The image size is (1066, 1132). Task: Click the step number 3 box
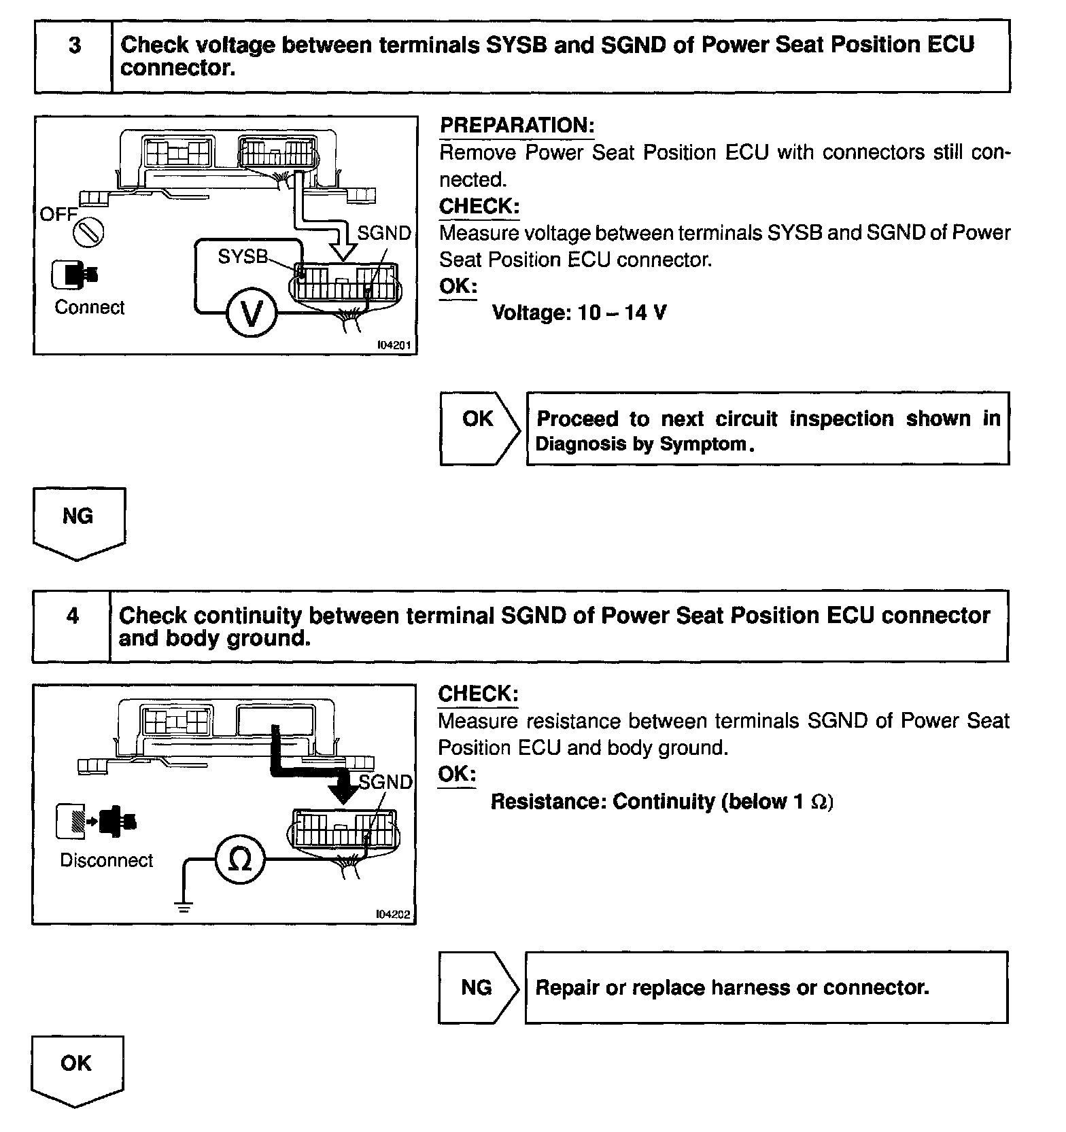pyautogui.click(x=73, y=56)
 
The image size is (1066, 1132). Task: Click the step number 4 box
pyautogui.click(x=72, y=626)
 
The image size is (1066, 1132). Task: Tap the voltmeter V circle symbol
pyautogui.click(x=252, y=313)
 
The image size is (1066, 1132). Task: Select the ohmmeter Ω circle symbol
pyautogui.click(x=240, y=860)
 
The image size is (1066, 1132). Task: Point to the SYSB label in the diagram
pyautogui.click(x=242, y=257)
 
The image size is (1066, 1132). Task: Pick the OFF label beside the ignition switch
pyautogui.click(x=58, y=215)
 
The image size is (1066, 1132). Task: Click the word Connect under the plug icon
pyautogui.click(x=90, y=308)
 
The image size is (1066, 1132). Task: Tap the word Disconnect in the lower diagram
pyautogui.click(x=106, y=860)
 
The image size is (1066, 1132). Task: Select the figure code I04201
pyautogui.click(x=394, y=345)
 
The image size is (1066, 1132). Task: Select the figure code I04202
pyautogui.click(x=393, y=915)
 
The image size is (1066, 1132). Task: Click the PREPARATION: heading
pyautogui.click(x=517, y=126)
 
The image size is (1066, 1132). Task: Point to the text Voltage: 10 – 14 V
pyautogui.click(x=579, y=313)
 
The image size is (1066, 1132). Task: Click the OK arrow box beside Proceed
pyautogui.click(x=479, y=428)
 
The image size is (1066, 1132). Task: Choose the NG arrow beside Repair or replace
pyautogui.click(x=477, y=987)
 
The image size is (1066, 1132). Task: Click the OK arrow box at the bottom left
pyautogui.click(x=77, y=1069)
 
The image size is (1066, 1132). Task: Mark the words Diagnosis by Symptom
pyautogui.click(x=645, y=444)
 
